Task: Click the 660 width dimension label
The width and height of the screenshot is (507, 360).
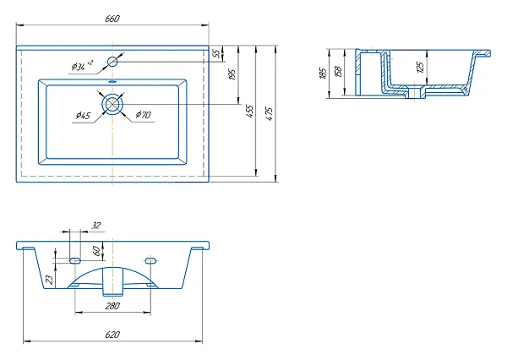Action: pos(112,19)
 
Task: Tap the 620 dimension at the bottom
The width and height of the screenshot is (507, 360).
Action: pos(112,335)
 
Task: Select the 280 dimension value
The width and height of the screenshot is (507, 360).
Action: pos(112,306)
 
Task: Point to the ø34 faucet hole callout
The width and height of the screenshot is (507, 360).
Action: pos(82,66)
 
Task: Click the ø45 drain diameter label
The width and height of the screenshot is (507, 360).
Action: pos(83,115)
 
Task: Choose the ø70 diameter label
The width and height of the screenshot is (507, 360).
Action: pos(144,114)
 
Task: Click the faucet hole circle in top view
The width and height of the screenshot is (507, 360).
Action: pos(112,61)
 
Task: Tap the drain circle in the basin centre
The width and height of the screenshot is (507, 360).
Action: pos(112,104)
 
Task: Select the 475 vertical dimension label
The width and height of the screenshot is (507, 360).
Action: pos(269,114)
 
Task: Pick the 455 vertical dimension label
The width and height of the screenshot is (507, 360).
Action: pos(249,111)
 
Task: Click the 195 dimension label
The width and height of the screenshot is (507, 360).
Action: pos(232,74)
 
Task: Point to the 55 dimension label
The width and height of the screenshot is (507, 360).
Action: pos(217,52)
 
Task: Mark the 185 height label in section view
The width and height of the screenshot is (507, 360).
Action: pos(323,74)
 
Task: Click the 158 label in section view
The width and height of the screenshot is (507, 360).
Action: pos(338,72)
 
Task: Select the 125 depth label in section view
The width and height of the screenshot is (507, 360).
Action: pos(420,67)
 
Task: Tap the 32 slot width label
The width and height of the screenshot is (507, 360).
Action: pos(96,226)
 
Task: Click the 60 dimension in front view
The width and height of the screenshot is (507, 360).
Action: pos(96,251)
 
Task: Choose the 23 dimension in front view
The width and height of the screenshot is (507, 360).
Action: pos(50,280)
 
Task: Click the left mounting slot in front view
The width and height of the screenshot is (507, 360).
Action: pos(75,260)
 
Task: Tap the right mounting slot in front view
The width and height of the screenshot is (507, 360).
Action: pos(150,260)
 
